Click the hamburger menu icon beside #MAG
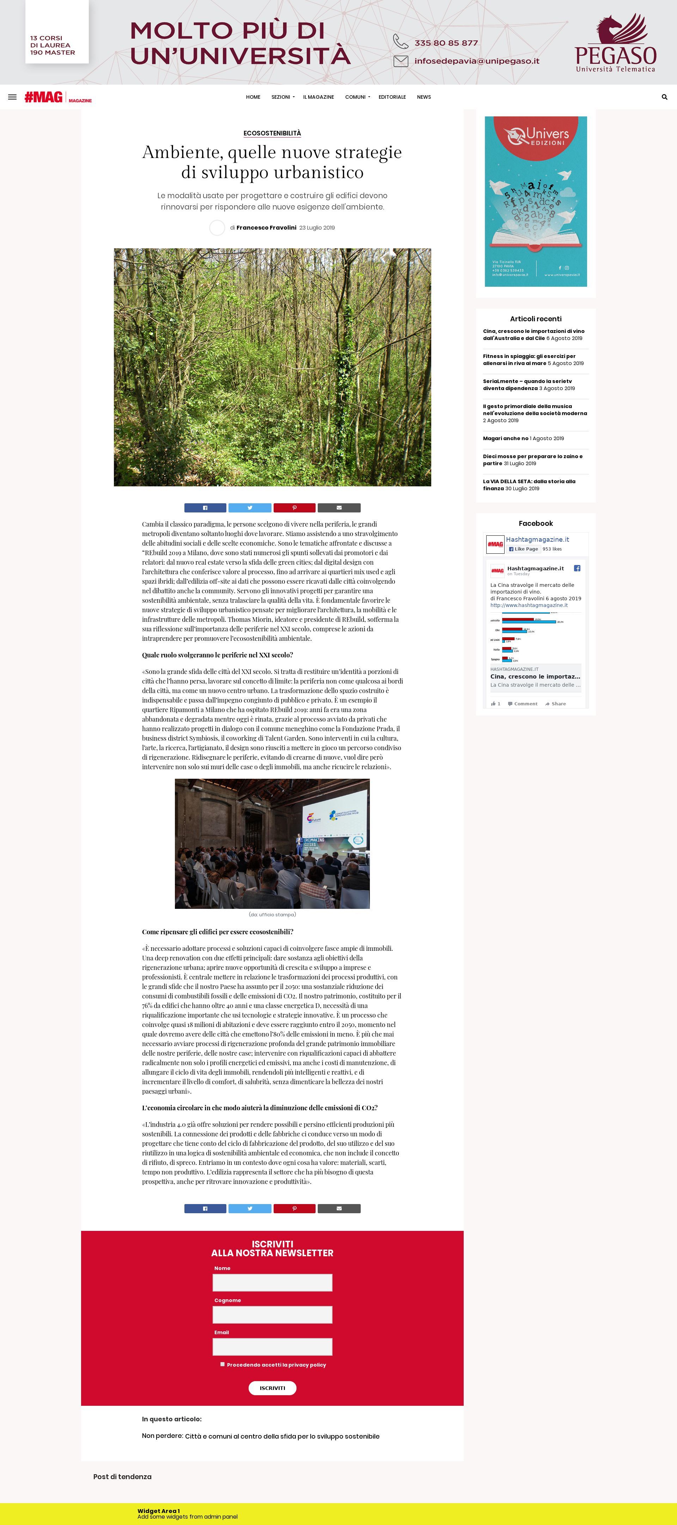coord(12,97)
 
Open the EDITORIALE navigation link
coord(392,97)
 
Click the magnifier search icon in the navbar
coord(664,97)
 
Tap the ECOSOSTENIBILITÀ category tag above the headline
coord(272,133)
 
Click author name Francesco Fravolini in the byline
coord(266,228)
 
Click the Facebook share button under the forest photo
coord(205,508)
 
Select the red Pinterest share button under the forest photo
coord(294,508)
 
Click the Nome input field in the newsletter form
coord(272,1283)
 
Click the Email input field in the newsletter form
coord(272,1347)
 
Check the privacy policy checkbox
coord(222,1364)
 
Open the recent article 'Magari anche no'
coord(505,439)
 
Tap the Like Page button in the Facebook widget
coord(523,549)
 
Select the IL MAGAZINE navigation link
coord(318,97)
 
